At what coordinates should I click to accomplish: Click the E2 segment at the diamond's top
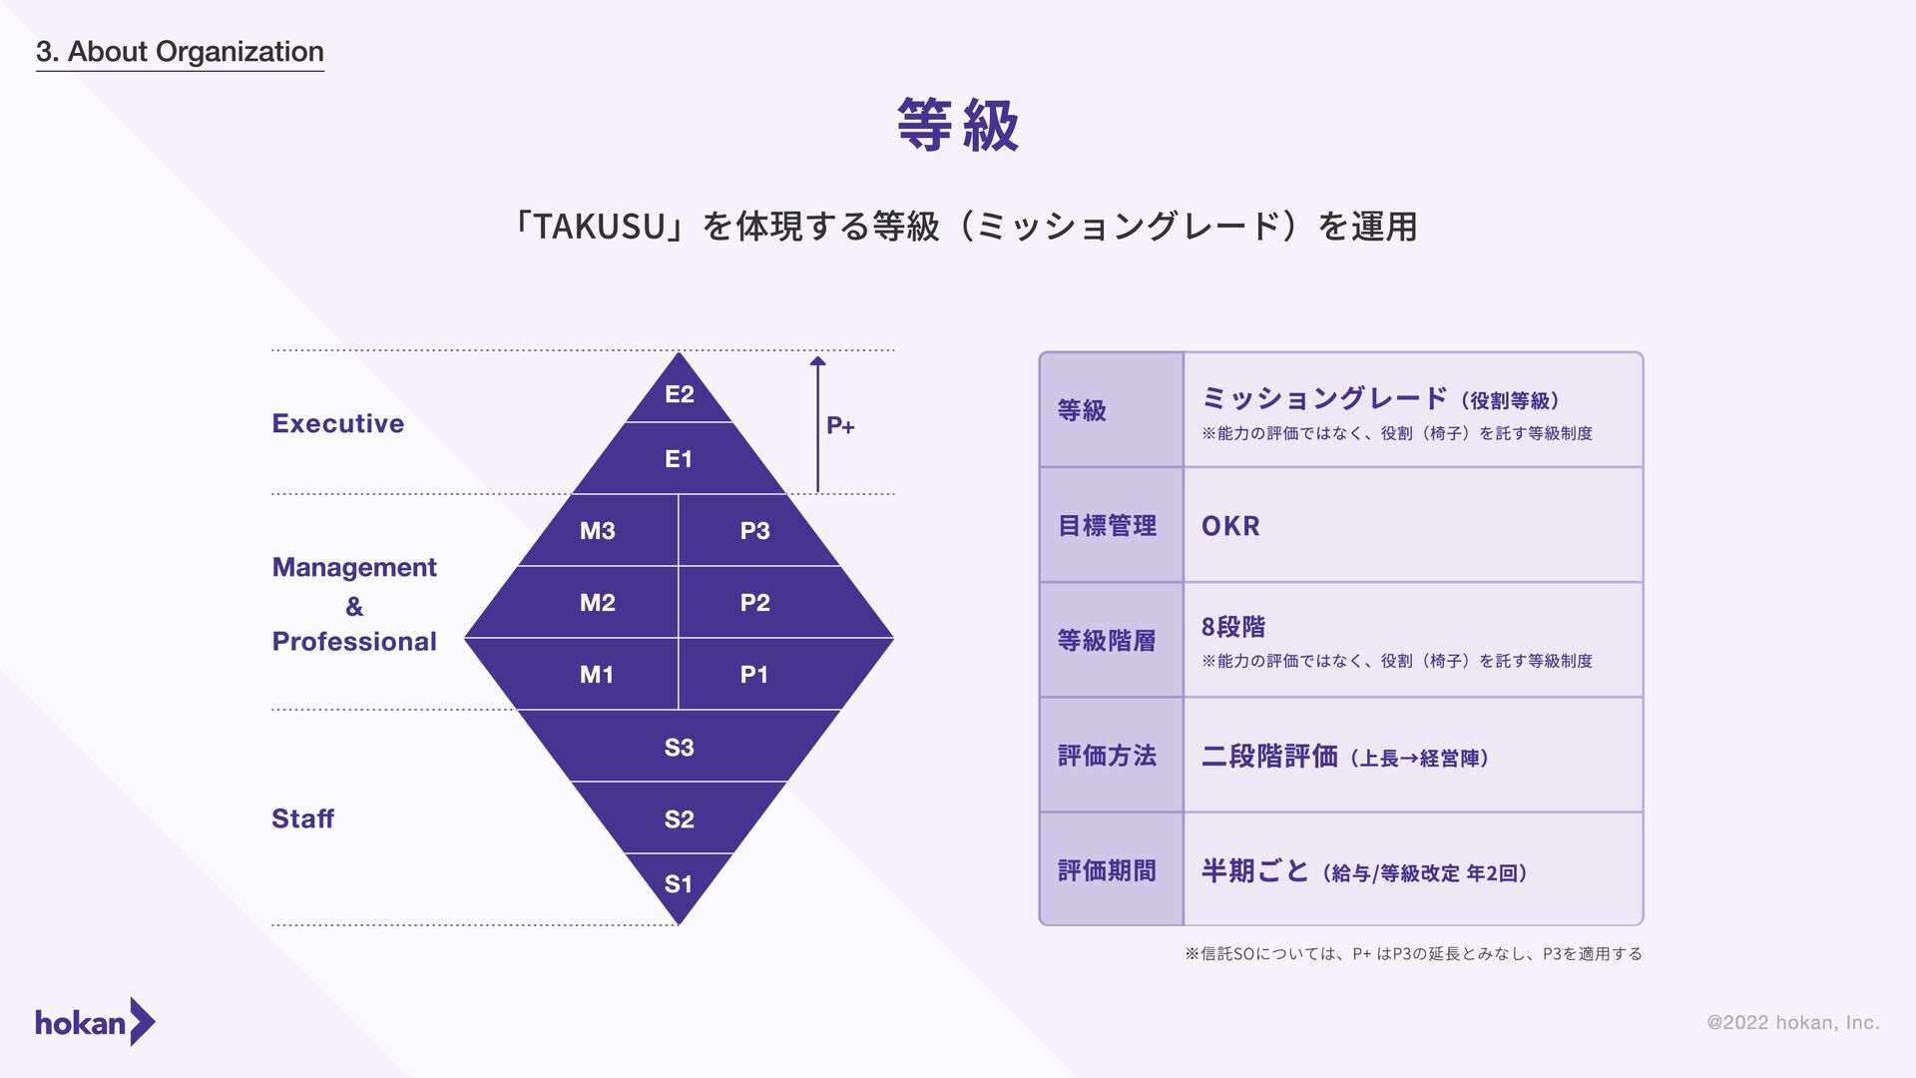679,394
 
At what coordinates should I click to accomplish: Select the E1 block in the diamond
679,459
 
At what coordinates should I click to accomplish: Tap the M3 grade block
598,531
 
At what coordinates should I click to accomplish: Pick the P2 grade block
755,603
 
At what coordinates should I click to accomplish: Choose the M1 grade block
597,675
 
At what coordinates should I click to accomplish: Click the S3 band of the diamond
679,748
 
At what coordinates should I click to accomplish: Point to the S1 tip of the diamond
679,884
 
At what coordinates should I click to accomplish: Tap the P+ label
840,426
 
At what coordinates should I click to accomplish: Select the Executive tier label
338,423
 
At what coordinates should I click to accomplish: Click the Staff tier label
302,818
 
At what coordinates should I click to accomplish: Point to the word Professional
354,641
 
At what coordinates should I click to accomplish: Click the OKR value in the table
1230,526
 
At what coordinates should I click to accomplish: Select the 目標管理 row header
1107,526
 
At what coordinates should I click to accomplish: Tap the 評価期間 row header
1107,871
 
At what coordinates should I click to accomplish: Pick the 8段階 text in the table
1233,627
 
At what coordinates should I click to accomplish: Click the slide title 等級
958,126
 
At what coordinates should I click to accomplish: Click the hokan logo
95,1022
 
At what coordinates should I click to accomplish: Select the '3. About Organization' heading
180,52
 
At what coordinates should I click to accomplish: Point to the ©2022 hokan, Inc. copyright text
1792,1022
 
